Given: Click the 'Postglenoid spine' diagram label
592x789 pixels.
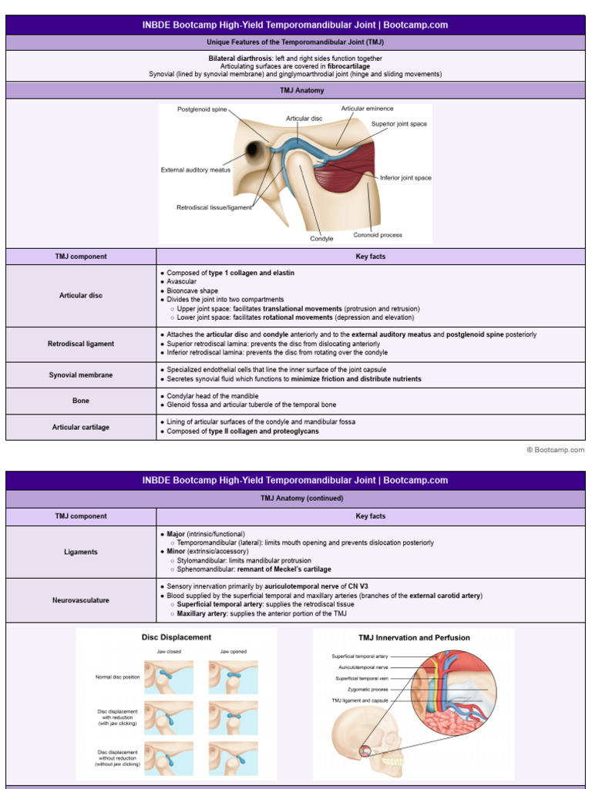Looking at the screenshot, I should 202,110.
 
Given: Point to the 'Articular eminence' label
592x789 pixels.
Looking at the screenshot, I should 367,109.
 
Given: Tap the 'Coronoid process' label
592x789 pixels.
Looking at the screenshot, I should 378,235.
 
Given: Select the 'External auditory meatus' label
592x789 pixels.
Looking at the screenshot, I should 196,170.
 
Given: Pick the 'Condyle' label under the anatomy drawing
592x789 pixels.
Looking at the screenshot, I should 321,239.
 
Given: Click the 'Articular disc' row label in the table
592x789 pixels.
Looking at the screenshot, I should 81,295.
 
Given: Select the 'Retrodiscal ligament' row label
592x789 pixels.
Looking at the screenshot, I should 81,344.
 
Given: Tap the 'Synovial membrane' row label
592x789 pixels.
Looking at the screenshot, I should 81,375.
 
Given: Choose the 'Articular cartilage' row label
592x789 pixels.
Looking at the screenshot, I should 81,427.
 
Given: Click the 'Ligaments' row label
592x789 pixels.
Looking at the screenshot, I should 81,552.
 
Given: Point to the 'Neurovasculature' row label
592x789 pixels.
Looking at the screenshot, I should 81,599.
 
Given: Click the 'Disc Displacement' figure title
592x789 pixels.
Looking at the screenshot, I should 177,637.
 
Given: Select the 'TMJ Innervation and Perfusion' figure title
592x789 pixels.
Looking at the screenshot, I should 414,638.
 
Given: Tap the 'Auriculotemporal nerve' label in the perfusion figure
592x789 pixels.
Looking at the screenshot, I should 363,667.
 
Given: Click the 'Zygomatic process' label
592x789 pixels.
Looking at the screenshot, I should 368,690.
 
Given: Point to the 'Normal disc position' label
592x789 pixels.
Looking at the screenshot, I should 118,677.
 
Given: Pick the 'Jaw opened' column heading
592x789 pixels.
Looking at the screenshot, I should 233,651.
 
